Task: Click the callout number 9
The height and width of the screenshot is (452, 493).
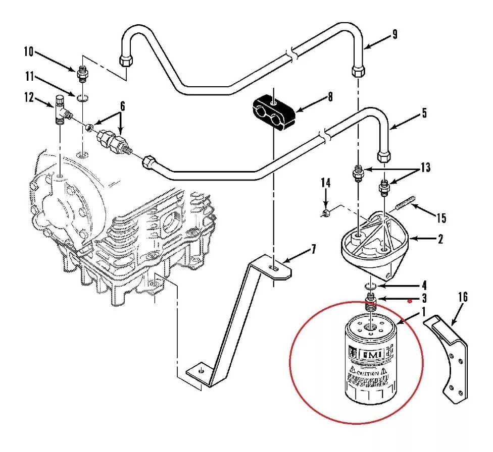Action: (395, 34)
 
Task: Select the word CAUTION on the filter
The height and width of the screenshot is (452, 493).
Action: (367, 373)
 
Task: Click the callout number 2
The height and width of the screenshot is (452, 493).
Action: (440, 240)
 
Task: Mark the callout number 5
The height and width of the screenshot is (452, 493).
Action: (424, 113)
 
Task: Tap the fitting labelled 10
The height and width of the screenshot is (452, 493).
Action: (81, 75)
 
